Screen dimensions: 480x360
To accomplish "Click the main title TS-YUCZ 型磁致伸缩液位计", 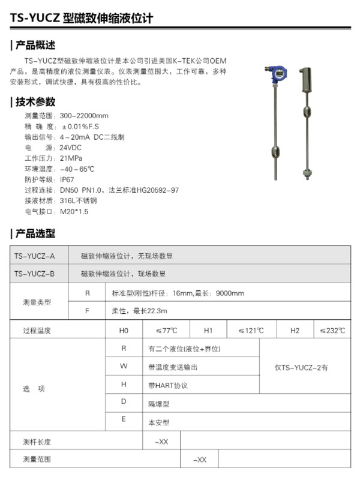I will pos(82,18).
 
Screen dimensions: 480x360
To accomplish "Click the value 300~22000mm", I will pos(84,115).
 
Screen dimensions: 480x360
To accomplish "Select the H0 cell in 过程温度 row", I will pos(124,330).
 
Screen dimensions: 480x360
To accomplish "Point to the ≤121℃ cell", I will pos(249,330).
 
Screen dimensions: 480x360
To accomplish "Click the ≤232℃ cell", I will pos(332,330).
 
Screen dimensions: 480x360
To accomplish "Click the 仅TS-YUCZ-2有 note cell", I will pos(305,367).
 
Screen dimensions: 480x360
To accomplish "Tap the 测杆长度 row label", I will pos(37,442).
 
